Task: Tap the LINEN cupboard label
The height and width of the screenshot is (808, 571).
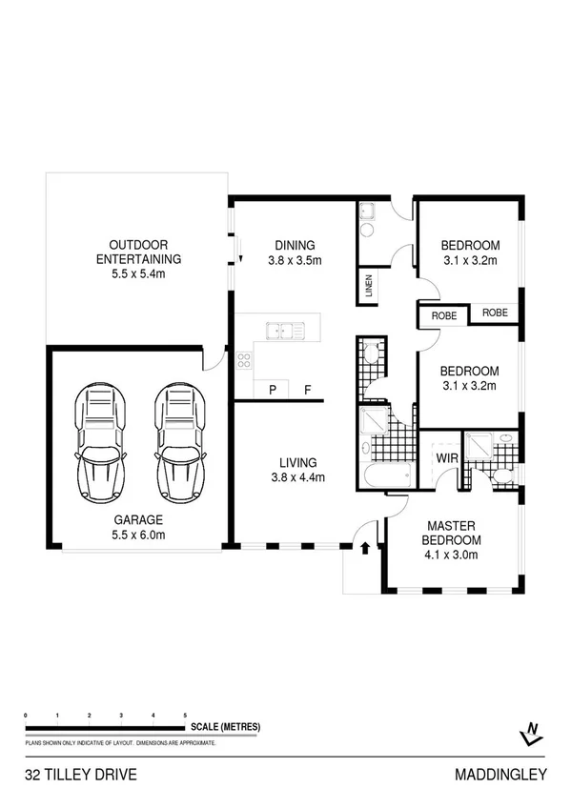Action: [x=369, y=287]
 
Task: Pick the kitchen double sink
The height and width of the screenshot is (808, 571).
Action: [x=287, y=332]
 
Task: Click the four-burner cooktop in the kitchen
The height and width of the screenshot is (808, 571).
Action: [x=244, y=360]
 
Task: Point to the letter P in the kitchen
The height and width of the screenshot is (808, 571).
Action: [x=272, y=390]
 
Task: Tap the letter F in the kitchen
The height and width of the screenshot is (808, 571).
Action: [x=307, y=390]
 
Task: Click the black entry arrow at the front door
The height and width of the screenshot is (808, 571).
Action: [x=366, y=547]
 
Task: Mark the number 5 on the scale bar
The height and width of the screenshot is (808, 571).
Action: [x=185, y=715]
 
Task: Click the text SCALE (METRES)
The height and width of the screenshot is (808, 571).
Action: [x=226, y=727]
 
